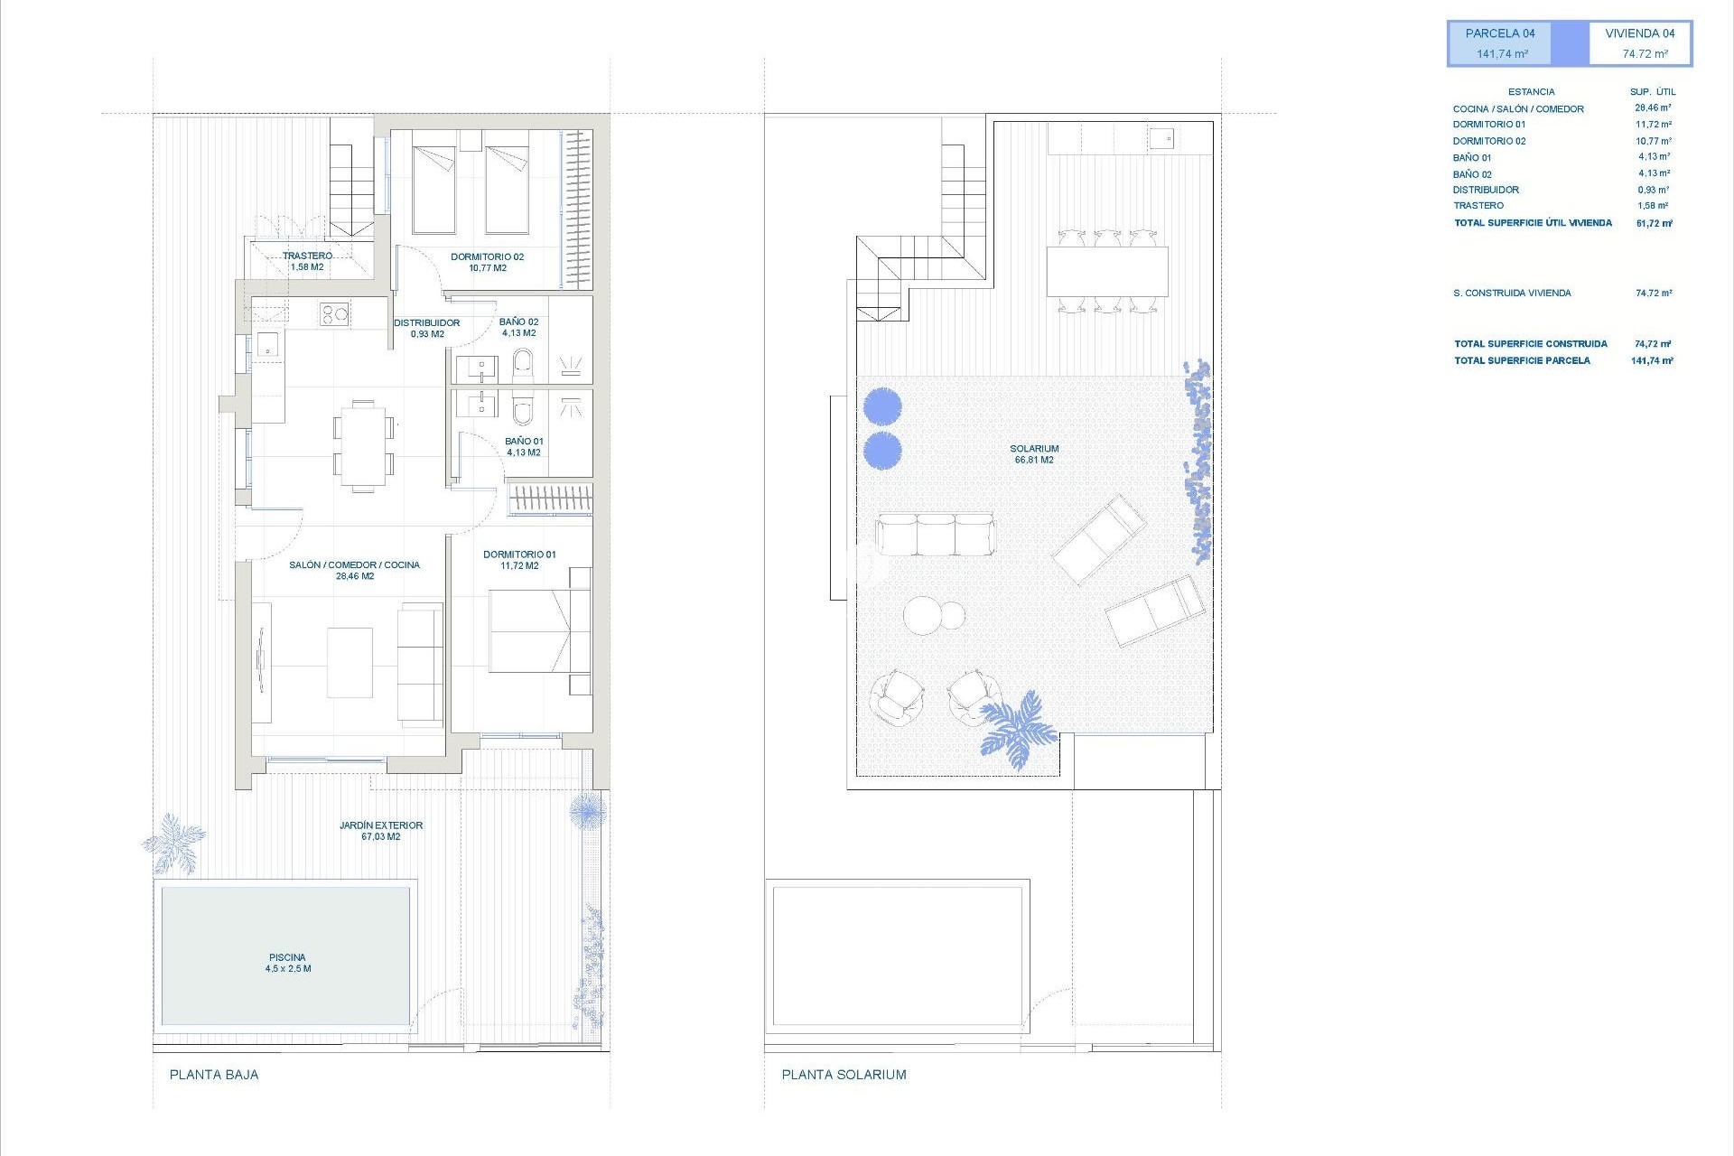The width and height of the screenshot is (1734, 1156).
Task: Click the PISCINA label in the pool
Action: (287, 963)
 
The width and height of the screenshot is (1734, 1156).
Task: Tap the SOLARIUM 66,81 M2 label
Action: (1034, 454)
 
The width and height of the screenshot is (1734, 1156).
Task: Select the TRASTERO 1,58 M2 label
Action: (307, 261)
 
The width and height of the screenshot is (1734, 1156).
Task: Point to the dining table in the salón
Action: (363, 445)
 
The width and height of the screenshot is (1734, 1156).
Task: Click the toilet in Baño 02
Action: (523, 365)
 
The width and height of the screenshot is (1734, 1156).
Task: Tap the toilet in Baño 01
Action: (523, 408)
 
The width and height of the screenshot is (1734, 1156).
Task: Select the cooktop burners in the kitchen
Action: (333, 314)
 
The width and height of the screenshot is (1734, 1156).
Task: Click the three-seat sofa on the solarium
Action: (935, 535)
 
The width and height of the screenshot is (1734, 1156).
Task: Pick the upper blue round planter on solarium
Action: (882, 406)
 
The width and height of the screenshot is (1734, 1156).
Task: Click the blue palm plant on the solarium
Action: (1019, 728)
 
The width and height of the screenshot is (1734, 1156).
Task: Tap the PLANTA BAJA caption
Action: (214, 1075)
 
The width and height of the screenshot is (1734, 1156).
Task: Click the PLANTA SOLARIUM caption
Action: (844, 1075)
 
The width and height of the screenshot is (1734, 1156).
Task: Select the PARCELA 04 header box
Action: (1500, 43)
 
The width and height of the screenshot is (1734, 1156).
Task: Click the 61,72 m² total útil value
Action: (1654, 223)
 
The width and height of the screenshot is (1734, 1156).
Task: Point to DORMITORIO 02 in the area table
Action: (1489, 141)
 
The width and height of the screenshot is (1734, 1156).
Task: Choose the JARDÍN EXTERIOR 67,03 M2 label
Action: (381, 831)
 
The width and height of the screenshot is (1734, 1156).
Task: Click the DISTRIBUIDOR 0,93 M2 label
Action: (427, 328)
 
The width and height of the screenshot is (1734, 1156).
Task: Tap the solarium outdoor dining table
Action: (1107, 271)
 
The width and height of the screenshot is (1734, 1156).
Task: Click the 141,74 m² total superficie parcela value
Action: (1652, 360)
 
